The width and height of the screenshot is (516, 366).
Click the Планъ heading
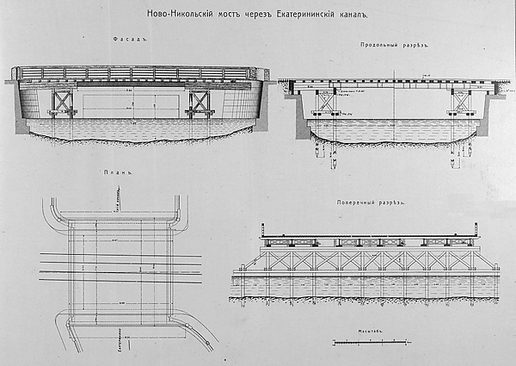(121, 172)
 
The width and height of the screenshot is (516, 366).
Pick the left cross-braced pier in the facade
(63, 102)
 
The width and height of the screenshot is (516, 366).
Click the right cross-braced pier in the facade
(200, 102)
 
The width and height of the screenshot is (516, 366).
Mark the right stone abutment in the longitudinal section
(482, 108)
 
